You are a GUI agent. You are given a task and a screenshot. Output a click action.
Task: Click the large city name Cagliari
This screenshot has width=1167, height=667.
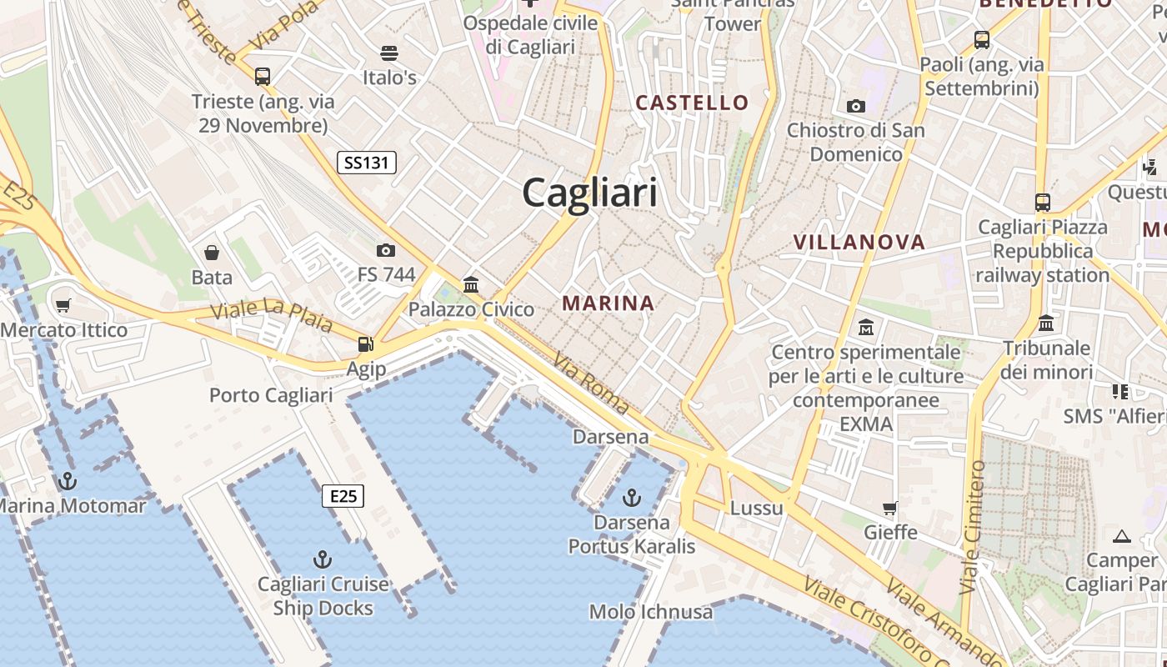point(589,193)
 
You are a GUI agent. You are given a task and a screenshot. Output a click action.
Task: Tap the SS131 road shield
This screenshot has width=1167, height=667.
point(367,163)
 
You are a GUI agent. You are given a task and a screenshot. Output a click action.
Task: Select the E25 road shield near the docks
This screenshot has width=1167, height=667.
point(343,497)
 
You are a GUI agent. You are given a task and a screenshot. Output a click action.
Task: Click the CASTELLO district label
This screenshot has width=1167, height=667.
point(692,103)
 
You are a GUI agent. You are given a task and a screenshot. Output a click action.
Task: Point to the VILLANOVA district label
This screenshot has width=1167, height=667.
point(859,243)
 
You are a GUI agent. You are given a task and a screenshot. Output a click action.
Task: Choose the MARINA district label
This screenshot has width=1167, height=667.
point(609,303)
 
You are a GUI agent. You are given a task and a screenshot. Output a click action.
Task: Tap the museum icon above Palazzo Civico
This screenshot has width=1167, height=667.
point(471,285)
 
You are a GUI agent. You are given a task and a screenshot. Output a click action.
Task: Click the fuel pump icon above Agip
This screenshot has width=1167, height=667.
point(365,344)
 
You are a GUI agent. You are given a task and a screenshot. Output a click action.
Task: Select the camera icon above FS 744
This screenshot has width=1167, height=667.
point(385,250)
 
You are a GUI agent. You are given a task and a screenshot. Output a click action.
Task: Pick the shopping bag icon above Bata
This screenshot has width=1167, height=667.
point(212,253)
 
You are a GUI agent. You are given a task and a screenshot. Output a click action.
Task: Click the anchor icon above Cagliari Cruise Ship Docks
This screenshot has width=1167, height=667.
point(323,559)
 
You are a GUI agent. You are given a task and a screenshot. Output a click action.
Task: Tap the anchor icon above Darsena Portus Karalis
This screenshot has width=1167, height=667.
point(632,498)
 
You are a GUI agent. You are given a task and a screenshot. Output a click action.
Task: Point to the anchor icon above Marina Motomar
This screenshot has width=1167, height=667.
point(67,481)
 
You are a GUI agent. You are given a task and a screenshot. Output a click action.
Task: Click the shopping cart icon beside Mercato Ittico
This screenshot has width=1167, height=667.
point(63,306)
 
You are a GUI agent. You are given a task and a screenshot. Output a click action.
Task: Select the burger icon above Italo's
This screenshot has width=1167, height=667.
point(388,53)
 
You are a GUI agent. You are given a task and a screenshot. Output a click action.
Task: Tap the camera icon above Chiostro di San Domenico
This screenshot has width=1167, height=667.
point(855,106)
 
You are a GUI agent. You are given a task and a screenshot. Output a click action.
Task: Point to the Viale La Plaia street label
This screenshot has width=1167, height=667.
point(271,314)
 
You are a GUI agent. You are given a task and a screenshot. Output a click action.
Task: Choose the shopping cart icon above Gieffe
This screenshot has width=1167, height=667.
point(890,508)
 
